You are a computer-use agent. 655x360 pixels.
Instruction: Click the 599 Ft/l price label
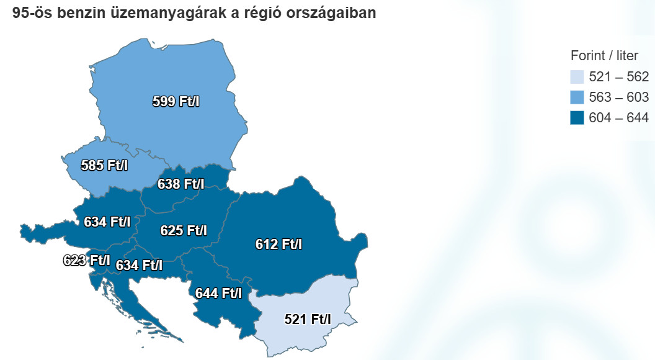point(176,102)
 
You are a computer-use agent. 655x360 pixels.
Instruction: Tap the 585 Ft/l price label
point(104,166)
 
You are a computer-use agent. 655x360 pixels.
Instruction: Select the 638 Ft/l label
point(180,184)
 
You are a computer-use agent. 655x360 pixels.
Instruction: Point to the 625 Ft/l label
point(184,230)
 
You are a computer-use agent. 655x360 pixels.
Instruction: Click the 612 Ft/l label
point(278,244)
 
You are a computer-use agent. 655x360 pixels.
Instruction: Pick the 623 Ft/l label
point(86,260)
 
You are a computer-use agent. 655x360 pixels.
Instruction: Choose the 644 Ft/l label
point(218,292)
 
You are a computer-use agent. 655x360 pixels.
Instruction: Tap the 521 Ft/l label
point(308,319)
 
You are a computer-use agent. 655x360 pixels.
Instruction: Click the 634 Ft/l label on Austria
point(107,221)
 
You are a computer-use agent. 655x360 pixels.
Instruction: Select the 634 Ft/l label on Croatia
point(139,265)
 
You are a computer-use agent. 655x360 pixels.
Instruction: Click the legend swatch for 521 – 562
point(577,77)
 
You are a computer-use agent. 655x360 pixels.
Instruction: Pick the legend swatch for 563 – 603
point(577,97)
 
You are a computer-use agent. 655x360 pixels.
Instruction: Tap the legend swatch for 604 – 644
point(577,117)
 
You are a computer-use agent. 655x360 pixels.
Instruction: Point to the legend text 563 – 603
point(618,97)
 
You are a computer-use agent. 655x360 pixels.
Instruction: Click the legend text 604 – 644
point(618,117)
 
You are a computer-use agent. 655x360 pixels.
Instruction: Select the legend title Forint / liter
point(604,56)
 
